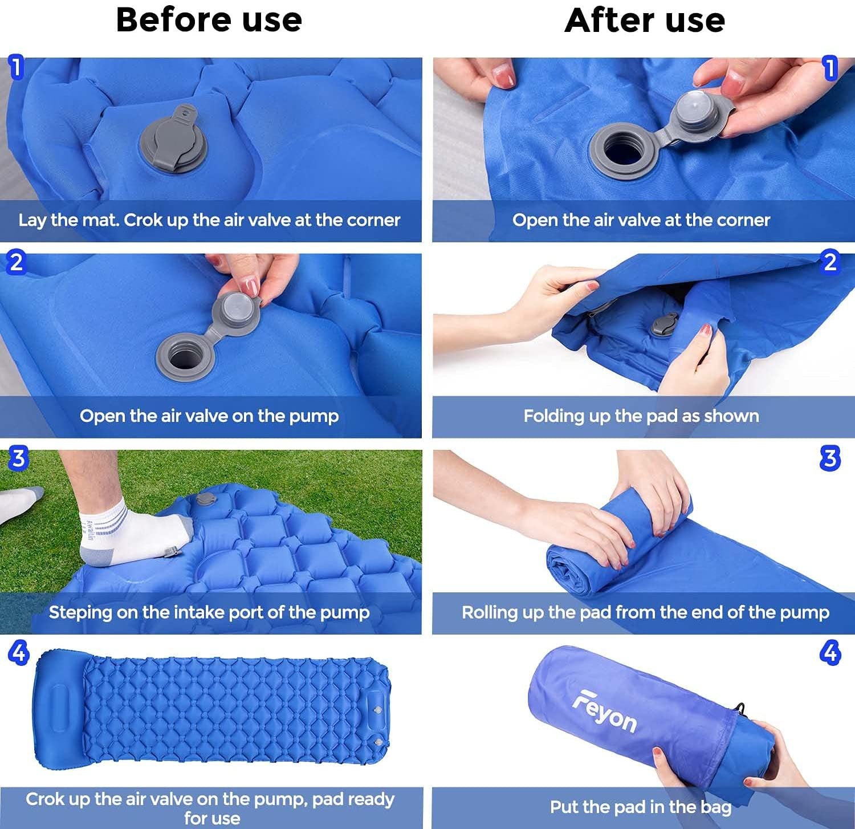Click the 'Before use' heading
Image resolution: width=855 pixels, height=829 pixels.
pos(209,20)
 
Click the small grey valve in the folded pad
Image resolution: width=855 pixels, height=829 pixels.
pos(665,324)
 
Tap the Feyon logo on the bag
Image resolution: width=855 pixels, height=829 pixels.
pos(604,712)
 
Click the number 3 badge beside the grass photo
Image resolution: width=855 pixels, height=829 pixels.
pos(18,458)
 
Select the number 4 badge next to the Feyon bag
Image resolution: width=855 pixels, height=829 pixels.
pos(830,652)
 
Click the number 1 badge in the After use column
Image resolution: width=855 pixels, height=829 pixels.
pos(830,68)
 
